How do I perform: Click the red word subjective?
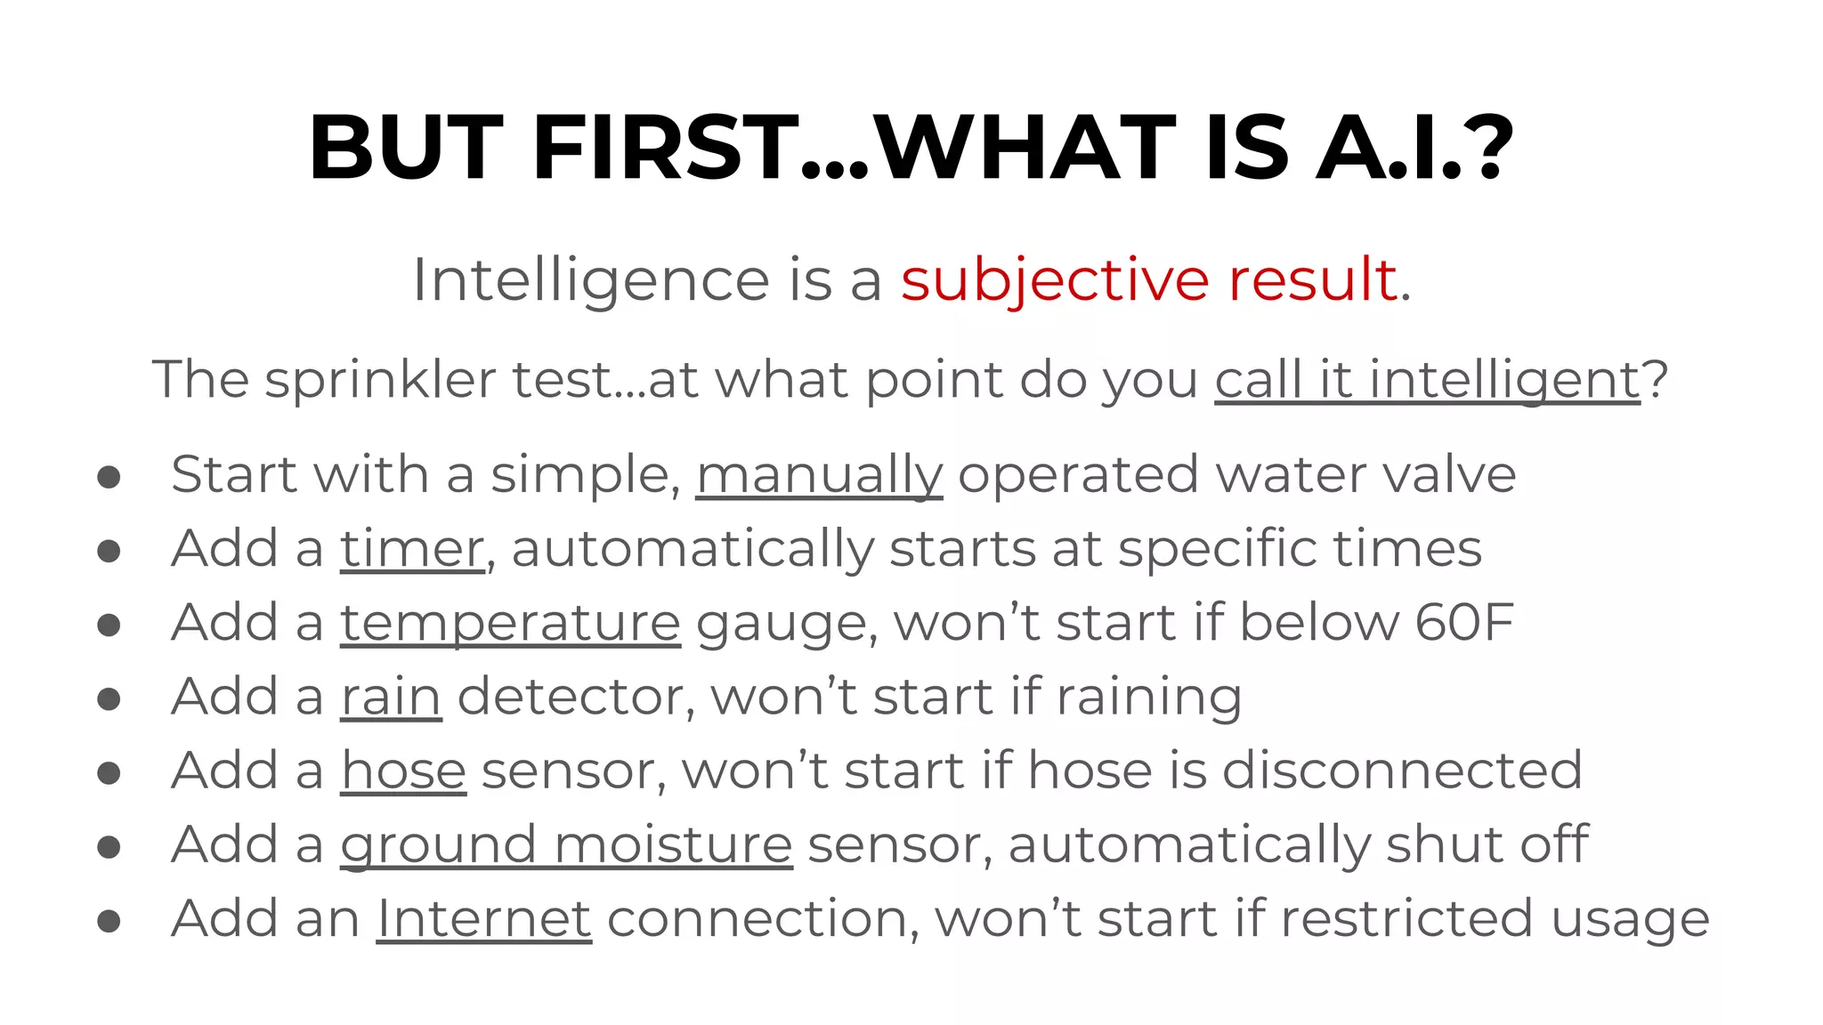(1055, 280)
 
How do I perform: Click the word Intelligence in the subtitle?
(590, 280)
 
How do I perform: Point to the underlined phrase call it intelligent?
(1427, 380)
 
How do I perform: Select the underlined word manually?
(818, 474)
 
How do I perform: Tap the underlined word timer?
(412, 548)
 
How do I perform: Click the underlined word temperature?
(510, 622)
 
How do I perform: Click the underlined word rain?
(391, 696)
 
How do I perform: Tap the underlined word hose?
(403, 770)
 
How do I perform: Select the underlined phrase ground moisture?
(566, 844)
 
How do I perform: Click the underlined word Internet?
(484, 918)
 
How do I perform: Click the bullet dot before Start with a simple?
(109, 477)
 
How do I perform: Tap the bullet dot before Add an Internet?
(109, 921)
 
